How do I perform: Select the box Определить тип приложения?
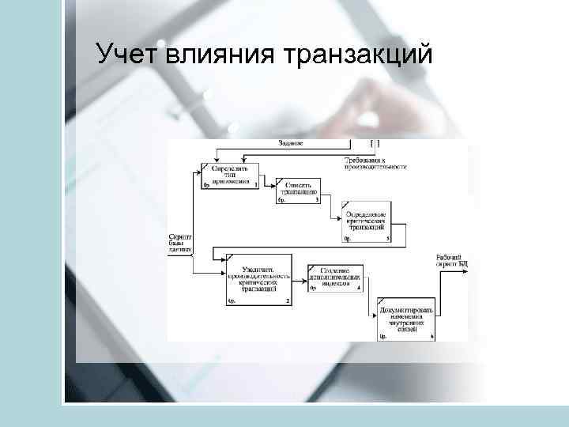231,175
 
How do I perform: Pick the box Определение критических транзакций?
364,223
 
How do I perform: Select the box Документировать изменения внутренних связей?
406,319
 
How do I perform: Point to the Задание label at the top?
291,143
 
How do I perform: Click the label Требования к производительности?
375,164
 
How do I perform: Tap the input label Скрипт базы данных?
180,242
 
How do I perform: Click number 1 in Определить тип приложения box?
256,184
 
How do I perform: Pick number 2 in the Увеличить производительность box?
288,301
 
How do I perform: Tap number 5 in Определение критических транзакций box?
387,238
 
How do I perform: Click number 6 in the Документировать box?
432,337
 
